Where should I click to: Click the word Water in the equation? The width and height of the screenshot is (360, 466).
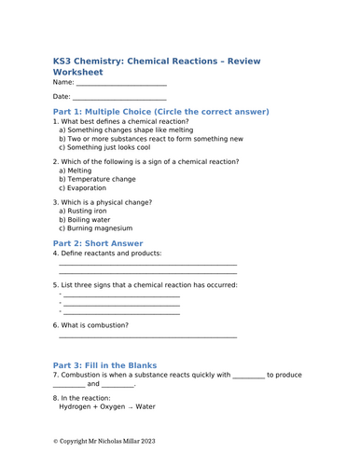pyautogui.click(x=145, y=406)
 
